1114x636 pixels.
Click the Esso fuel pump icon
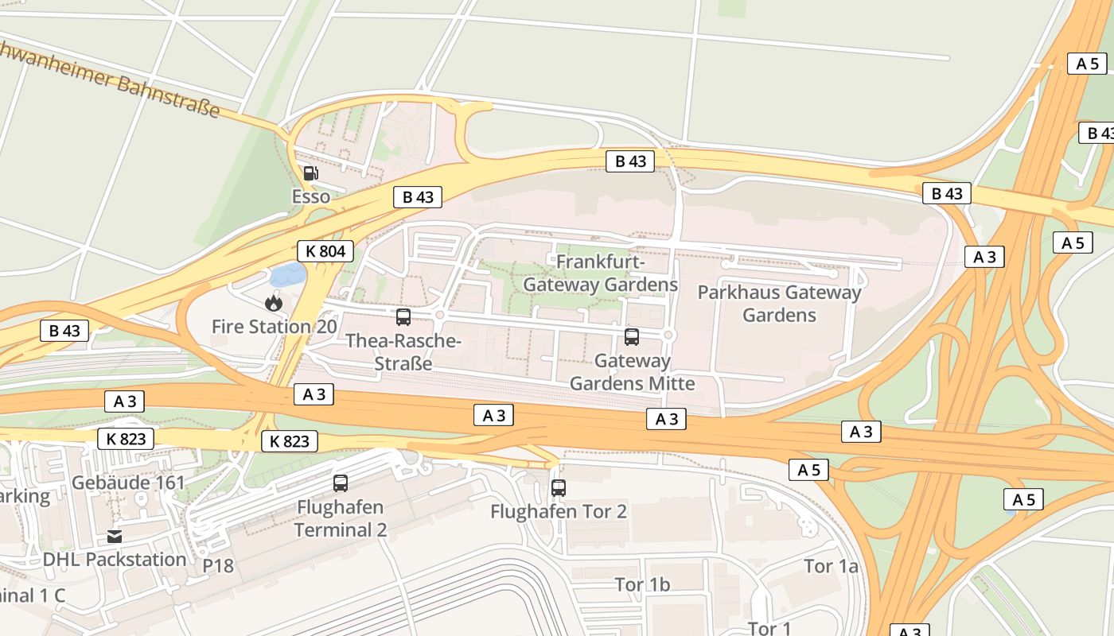click(310, 173)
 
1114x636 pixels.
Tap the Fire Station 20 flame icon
click(274, 302)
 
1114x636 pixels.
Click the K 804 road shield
click(325, 251)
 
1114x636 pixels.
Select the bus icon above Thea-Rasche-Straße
click(403, 317)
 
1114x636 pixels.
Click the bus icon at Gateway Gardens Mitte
click(632, 336)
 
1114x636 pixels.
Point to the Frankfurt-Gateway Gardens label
click(601, 273)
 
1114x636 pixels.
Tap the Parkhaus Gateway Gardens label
click(779, 304)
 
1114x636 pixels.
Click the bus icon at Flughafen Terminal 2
click(341, 483)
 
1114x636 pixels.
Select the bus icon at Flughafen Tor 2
click(559, 487)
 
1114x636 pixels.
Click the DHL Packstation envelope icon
click(115, 536)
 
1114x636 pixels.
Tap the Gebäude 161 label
click(128, 483)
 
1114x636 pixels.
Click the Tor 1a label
click(831, 566)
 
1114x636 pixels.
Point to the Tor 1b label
click(642, 585)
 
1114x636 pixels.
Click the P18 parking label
click(218, 565)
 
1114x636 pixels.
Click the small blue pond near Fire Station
click(287, 276)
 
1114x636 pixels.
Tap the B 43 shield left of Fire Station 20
click(64, 331)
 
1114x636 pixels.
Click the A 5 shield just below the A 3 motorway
click(808, 470)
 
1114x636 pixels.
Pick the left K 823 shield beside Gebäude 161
click(126, 438)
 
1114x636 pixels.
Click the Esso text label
click(310, 196)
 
